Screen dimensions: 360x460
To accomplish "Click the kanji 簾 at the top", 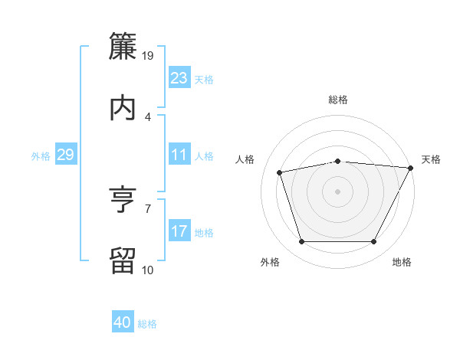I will (123, 45).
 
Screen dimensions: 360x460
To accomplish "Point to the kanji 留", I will (123, 260).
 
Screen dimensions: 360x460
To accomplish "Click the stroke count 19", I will (148, 55).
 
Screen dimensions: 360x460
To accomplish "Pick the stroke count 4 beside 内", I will (148, 116).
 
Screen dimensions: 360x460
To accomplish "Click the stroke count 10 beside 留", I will (148, 270).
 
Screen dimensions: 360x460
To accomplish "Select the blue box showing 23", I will (179, 78).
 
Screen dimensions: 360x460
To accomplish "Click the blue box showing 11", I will (179, 155).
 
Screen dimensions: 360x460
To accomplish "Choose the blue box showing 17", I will (179, 231).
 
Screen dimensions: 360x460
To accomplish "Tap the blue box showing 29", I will (65, 155).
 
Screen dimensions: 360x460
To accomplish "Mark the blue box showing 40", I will (123, 322).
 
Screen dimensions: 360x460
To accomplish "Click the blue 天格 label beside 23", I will (204, 79).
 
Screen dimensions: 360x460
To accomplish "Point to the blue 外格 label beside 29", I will (41, 155).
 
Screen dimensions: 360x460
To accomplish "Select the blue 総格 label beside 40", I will (147, 323).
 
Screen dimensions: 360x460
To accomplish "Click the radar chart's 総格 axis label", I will (338, 100).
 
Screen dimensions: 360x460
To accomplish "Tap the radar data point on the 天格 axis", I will (412, 168).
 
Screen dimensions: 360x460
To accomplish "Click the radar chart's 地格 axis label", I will (402, 263).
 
